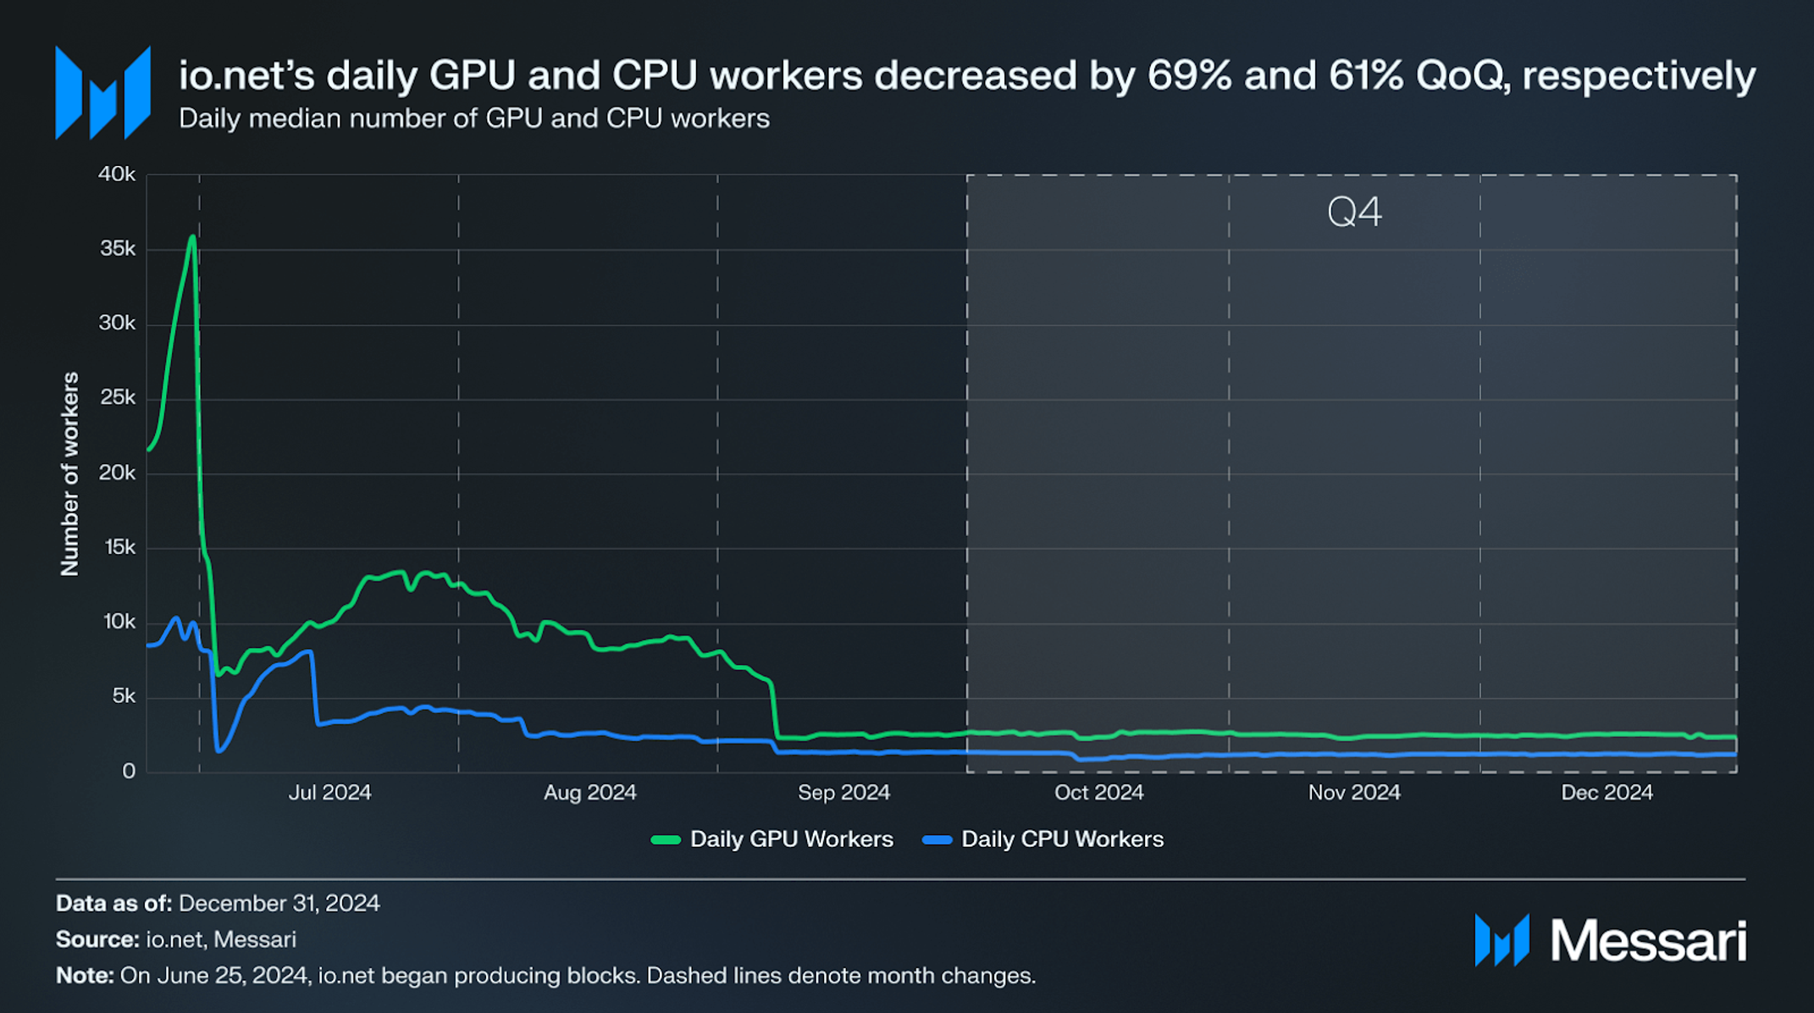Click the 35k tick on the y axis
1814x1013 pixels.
(117, 249)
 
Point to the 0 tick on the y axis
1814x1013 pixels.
(128, 772)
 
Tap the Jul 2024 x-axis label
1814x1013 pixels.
(329, 793)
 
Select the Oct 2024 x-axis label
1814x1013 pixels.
(1098, 793)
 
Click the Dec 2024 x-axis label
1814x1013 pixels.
(1607, 793)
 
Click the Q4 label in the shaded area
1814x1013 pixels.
(1354, 212)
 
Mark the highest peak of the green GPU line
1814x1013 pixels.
(193, 236)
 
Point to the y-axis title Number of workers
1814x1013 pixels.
(69, 474)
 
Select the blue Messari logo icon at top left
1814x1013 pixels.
(102, 93)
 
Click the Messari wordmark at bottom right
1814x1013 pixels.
(1647, 940)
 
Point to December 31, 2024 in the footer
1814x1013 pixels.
(279, 904)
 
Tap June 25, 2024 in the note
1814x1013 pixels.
(213, 976)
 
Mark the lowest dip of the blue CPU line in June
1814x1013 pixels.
(219, 750)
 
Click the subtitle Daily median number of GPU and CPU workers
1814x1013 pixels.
(473, 119)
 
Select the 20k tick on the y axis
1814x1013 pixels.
(117, 473)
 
